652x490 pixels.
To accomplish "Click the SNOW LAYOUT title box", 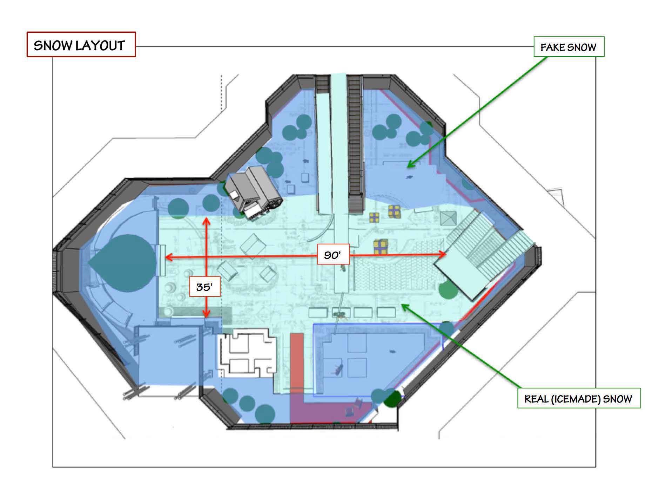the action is click(x=81, y=45).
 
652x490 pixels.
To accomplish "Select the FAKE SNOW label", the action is click(x=569, y=47).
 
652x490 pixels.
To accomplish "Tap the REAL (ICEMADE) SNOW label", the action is click(x=579, y=398).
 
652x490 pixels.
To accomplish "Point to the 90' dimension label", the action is click(x=332, y=254).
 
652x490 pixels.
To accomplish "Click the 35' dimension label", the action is click(x=204, y=287).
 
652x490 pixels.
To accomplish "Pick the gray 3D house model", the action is click(x=253, y=192).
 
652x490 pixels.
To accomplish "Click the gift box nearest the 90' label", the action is click(x=381, y=246).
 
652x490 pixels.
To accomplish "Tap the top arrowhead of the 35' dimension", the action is click(x=207, y=221).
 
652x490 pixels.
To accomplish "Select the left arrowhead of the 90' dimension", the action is click(x=168, y=257).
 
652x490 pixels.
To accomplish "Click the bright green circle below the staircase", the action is click(x=448, y=289).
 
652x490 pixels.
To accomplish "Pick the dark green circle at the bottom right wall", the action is click(x=393, y=399).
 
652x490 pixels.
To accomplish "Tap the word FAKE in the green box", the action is click(x=551, y=47).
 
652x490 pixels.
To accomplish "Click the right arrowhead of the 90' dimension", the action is click(x=442, y=254).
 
